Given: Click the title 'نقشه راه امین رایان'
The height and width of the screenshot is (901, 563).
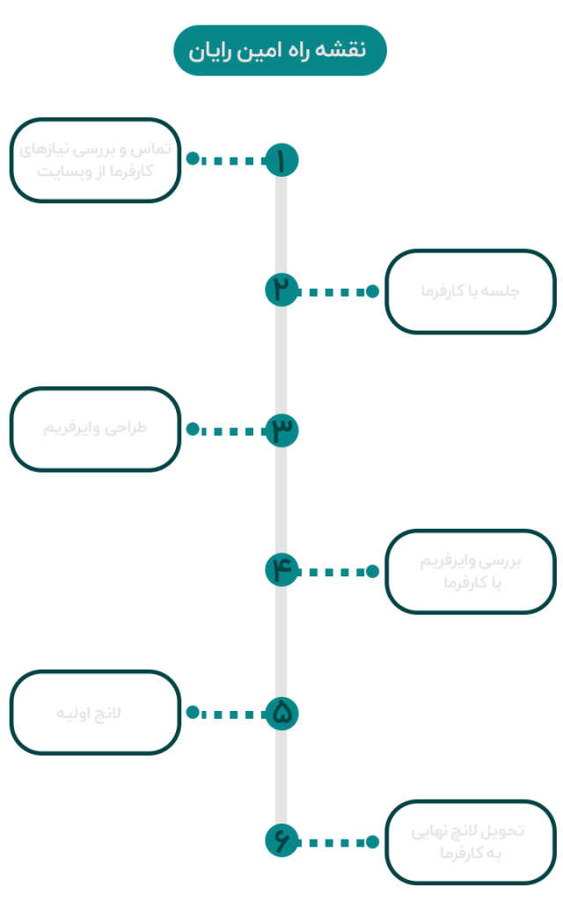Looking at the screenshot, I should tap(280, 50).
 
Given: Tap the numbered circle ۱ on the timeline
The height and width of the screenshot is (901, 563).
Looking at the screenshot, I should tap(281, 160).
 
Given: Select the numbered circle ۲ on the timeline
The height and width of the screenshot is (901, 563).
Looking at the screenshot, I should tap(281, 290).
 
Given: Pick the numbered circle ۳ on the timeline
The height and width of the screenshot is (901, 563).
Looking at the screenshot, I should tap(281, 429).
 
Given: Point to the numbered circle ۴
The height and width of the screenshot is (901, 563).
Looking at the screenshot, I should tap(281, 570).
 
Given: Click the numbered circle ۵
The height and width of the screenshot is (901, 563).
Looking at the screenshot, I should tap(281, 713).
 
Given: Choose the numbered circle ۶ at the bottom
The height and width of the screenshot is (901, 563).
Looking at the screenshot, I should tap(281, 841).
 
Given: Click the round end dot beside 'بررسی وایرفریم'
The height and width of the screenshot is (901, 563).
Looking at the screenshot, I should tap(372, 571).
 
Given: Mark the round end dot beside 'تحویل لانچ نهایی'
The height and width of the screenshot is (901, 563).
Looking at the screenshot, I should tap(372, 842).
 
